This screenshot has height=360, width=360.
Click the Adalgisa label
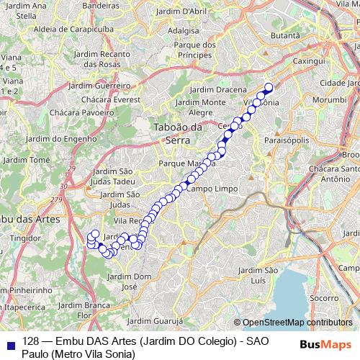[x=183, y=31]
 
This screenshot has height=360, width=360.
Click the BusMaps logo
[x=326, y=344]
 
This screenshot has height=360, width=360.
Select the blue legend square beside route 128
[x=9, y=344]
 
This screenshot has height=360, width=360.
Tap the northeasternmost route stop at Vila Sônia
[x=269, y=88]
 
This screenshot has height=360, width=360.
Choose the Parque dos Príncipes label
[x=189, y=50]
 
